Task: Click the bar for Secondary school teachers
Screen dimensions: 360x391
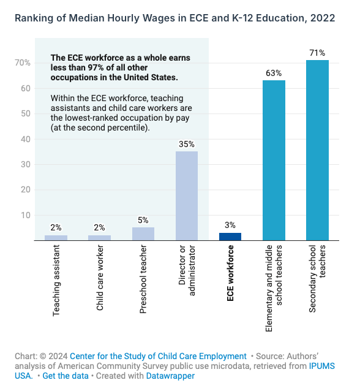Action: [x=317, y=150]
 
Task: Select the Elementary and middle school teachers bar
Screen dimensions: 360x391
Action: [x=274, y=161]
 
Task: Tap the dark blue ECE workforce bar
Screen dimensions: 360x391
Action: [x=230, y=237]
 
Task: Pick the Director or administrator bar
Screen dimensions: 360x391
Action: [x=187, y=195]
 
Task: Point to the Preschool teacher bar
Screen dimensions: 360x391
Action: [x=143, y=234]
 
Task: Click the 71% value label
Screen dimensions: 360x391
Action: [x=317, y=53]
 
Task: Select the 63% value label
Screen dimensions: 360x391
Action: [x=274, y=73]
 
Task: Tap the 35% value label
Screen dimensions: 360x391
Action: [x=187, y=144]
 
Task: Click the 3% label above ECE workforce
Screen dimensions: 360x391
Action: [x=230, y=225]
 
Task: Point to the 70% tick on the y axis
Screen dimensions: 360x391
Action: [x=23, y=63]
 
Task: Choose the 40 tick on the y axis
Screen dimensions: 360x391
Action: [x=26, y=139]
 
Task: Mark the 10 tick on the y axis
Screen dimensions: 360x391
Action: [x=26, y=215]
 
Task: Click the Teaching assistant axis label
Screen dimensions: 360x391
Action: [x=56, y=281]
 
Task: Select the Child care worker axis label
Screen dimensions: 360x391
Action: [x=100, y=278]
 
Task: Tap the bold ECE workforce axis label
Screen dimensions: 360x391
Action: [x=230, y=273]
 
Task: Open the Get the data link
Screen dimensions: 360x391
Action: [x=66, y=376]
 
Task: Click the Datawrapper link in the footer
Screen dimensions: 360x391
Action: [x=170, y=376]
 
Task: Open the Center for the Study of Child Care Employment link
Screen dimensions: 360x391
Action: [x=158, y=356]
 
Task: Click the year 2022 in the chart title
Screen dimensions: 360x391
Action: [x=323, y=18]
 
